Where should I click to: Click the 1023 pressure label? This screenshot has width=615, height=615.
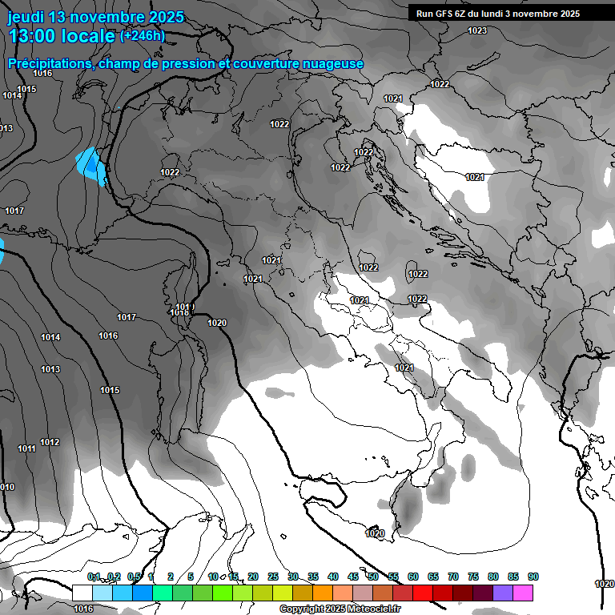[x=477, y=30]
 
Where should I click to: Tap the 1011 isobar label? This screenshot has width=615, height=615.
[x=26, y=449]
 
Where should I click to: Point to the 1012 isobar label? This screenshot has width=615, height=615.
[x=50, y=442]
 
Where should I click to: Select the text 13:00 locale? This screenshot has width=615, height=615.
[x=62, y=36]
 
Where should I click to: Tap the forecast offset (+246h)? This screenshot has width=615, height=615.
[x=143, y=35]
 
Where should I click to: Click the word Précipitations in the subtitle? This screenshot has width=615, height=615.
[x=50, y=63]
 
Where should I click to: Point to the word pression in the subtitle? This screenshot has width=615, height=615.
[x=189, y=63]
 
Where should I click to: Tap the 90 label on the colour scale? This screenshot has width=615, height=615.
[x=533, y=577]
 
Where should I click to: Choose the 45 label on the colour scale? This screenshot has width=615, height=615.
[x=353, y=577]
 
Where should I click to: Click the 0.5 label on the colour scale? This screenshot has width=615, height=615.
[x=134, y=577]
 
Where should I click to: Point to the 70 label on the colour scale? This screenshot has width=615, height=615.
[x=453, y=577]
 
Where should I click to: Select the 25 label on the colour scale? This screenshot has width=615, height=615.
[x=273, y=577]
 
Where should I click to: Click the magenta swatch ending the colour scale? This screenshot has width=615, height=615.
[x=523, y=593]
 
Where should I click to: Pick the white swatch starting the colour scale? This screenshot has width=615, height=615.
[x=82, y=593]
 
